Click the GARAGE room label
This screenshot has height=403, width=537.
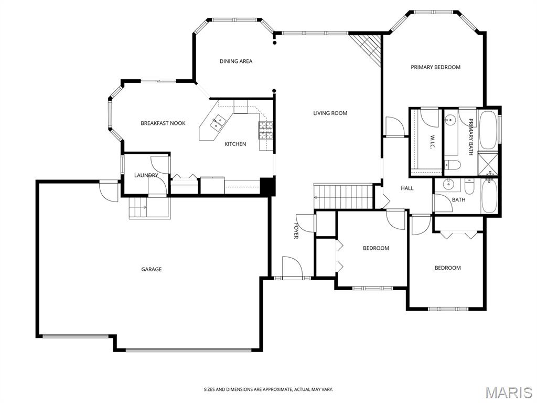(152, 269)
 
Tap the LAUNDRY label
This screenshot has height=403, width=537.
(146, 175)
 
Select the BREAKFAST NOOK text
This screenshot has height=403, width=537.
(163, 123)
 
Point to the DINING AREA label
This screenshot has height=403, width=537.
(236, 61)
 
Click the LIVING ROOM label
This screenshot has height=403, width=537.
(330, 113)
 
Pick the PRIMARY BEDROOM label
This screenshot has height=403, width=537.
(435, 67)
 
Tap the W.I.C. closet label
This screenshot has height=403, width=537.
(432, 142)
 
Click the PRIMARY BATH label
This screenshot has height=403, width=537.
(471, 137)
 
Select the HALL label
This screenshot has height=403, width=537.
(407, 188)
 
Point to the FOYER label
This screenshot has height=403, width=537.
(296, 231)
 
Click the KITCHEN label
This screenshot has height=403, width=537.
(235, 144)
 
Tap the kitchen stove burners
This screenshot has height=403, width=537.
(266, 131)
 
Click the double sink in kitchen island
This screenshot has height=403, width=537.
(218, 123)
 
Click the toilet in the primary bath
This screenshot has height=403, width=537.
(453, 165)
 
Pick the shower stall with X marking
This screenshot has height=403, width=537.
(488, 164)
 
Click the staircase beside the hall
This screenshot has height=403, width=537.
(343, 196)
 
